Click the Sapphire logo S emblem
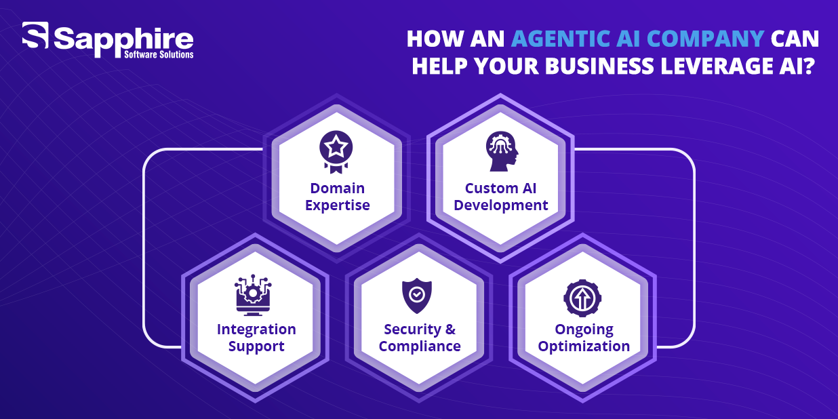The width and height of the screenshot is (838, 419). click(x=35, y=35)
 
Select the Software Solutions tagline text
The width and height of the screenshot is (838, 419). click(x=159, y=55)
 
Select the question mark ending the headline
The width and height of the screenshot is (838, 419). click(x=808, y=66)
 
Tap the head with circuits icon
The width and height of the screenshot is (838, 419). click(x=502, y=151)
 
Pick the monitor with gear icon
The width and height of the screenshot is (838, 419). click(x=253, y=295)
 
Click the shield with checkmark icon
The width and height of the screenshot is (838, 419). click(x=417, y=296)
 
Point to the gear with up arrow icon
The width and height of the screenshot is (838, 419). click(x=582, y=298)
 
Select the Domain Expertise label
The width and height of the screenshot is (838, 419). click(x=338, y=197)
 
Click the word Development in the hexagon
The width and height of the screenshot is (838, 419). click(x=501, y=205)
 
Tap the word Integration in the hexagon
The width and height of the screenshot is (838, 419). click(x=256, y=330)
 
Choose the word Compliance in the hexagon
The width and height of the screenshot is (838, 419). click(x=420, y=346)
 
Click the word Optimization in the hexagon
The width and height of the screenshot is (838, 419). click(x=584, y=346)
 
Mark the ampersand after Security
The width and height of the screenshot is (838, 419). click(x=450, y=330)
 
